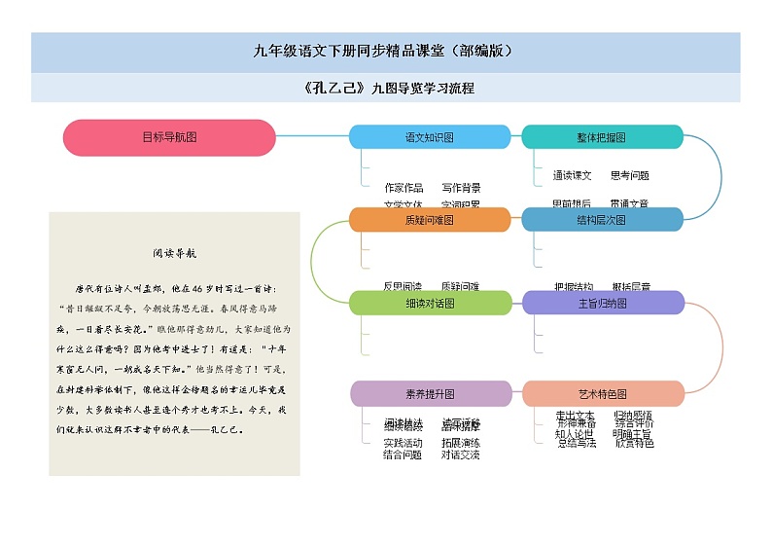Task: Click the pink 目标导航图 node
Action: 169,137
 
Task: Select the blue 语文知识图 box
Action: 429,137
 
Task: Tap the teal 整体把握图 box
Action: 601,137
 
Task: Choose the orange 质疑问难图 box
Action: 429,220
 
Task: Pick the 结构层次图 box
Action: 601,220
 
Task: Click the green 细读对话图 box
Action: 429,303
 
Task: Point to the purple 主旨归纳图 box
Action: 603,303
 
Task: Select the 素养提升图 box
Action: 429,394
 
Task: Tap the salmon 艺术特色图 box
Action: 603,394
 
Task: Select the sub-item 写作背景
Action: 461,187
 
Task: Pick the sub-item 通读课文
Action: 572,176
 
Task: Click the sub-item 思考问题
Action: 629,176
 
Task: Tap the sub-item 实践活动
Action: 403,443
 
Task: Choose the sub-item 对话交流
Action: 460,455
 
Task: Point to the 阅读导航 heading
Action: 174,253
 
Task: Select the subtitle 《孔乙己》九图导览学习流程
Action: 386,88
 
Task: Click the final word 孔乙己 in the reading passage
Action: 226,428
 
